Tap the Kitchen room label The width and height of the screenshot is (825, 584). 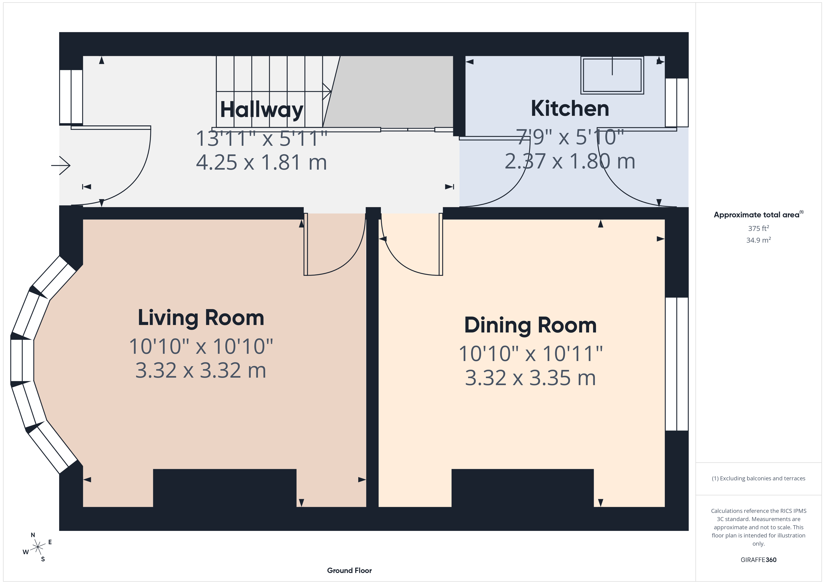pyautogui.click(x=570, y=108)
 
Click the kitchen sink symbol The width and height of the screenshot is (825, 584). pyautogui.click(x=612, y=75)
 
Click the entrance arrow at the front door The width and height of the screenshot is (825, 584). pyautogui.click(x=61, y=165)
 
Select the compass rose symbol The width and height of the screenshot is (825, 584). pyautogui.click(x=37, y=547)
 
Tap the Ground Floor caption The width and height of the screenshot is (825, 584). pyautogui.click(x=349, y=570)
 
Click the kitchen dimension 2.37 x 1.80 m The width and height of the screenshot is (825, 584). pyautogui.click(x=570, y=161)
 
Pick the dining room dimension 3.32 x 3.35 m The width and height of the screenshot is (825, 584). pyautogui.click(x=530, y=378)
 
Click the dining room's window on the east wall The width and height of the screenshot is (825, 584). pyautogui.click(x=677, y=364)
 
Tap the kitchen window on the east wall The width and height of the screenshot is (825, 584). pyautogui.click(x=677, y=102)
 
